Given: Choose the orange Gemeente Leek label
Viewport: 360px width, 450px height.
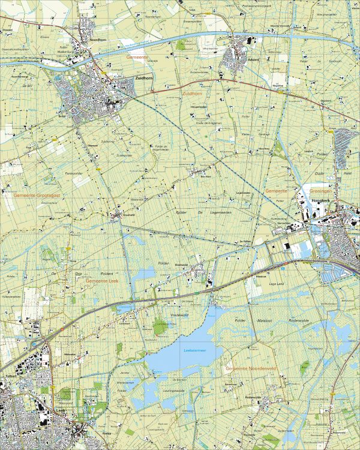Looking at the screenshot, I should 103,281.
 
